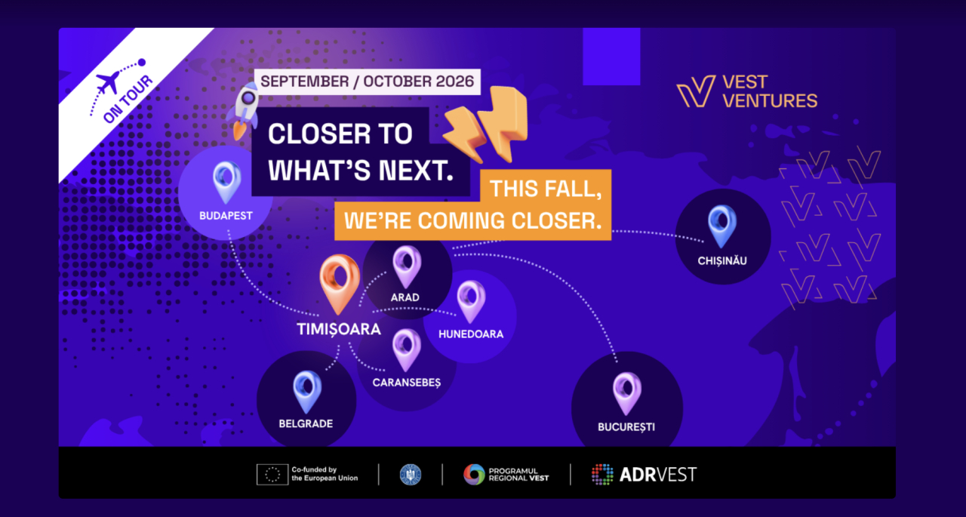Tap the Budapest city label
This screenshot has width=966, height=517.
[226, 216]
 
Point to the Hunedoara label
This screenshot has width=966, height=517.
[471, 334]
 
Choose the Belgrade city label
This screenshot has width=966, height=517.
[306, 424]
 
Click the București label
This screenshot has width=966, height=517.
[626, 427]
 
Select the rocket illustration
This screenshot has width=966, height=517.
[243, 111]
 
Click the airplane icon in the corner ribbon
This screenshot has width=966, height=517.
[108, 82]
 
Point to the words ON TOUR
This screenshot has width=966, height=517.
[128, 99]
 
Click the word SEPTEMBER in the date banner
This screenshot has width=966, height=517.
[304, 82]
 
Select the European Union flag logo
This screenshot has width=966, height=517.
[272, 474]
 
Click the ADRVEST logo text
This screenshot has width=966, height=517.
[657, 475]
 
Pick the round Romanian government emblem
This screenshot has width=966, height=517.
[411, 474]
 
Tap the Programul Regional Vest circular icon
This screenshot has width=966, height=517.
[474, 474]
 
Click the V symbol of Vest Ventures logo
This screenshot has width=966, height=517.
[696, 91]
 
